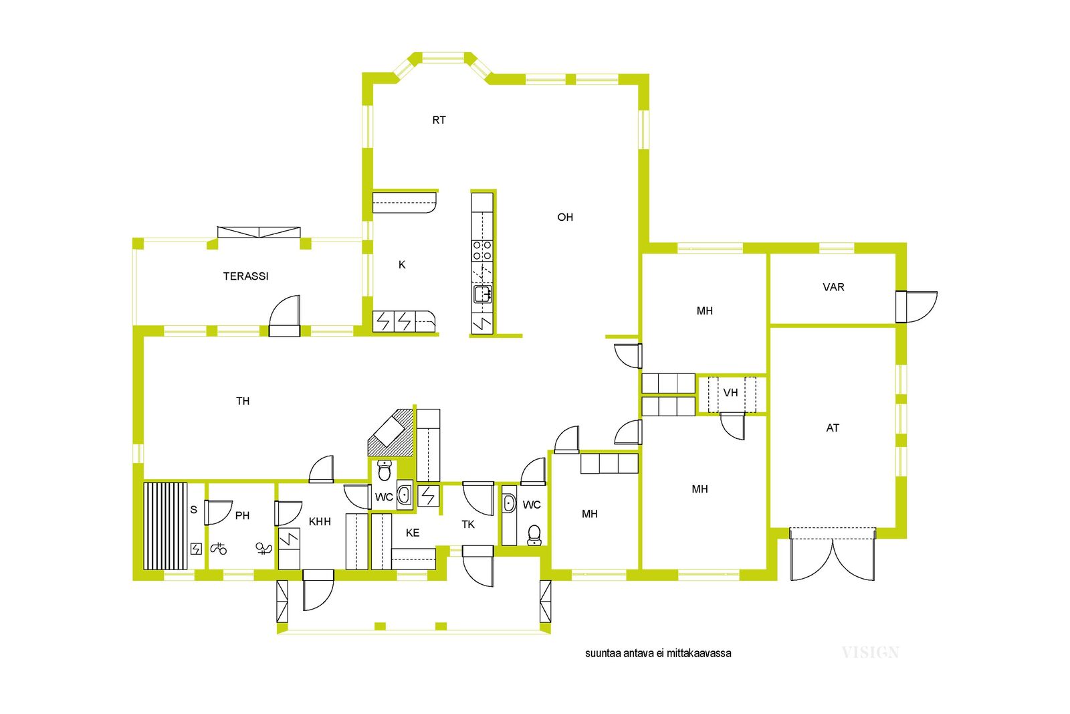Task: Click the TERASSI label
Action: tap(245, 276)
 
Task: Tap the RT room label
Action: tap(439, 120)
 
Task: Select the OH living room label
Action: tap(565, 217)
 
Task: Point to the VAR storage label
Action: tap(833, 287)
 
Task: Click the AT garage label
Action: tap(833, 428)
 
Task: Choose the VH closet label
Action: tap(730, 393)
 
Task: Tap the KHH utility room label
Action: tap(320, 521)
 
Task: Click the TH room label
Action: tap(243, 401)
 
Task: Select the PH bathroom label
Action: tap(242, 515)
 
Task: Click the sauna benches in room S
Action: tap(165, 526)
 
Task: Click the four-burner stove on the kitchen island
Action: tap(482, 250)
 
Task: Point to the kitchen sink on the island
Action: tap(482, 294)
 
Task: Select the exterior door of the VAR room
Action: tap(917, 306)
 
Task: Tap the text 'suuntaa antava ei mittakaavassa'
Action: tap(658, 653)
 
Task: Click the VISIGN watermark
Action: tap(870, 652)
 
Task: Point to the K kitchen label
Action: tap(402, 265)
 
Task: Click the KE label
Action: tap(413, 533)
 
